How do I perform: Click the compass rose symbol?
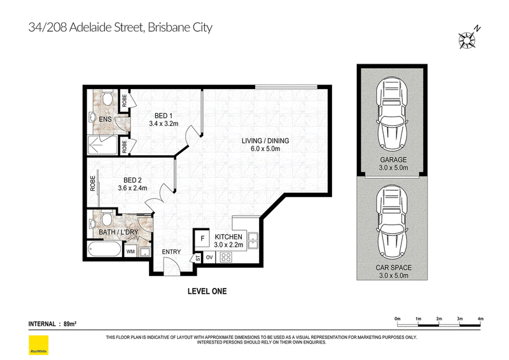point(467,40)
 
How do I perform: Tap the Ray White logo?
point(38,345)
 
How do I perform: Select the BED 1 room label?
point(164,116)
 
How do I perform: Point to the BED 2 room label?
point(132,180)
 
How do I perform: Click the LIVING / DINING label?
point(265,141)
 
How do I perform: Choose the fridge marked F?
point(202,239)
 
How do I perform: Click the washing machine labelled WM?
point(130,252)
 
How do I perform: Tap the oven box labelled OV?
point(209,258)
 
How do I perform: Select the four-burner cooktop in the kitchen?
point(226,258)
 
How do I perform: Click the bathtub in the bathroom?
point(104,249)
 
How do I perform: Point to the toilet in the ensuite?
point(107,97)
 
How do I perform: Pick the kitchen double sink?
point(253,241)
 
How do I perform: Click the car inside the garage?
point(392,116)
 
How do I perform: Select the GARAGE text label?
point(393,160)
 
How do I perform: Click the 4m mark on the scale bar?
point(480,319)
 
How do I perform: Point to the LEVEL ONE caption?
point(207,291)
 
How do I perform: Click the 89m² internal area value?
point(70,324)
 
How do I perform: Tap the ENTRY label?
point(171,252)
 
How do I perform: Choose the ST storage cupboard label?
point(198,258)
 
